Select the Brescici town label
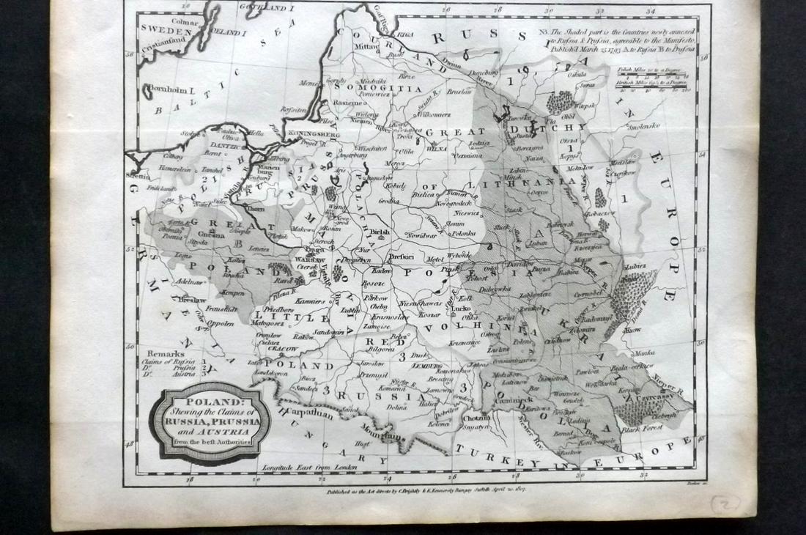403,257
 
